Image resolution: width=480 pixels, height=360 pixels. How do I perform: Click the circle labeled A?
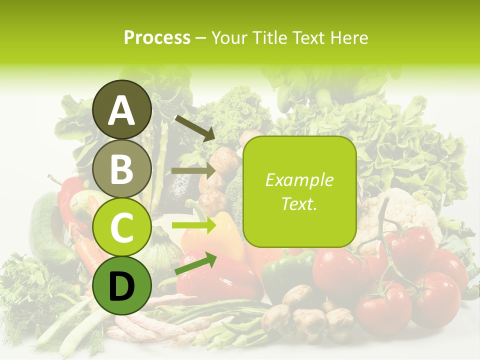pos(122,110)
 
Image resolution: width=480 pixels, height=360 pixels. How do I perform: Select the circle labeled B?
pos(122,169)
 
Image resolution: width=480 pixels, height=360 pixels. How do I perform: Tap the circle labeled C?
pos(122,227)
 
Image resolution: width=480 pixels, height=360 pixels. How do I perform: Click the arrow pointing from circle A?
pos(194,128)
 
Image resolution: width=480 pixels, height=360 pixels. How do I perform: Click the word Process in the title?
pos(157,38)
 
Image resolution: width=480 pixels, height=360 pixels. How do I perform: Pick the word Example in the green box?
pos(299,180)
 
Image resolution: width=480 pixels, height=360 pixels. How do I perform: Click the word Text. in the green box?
pos(299,203)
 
